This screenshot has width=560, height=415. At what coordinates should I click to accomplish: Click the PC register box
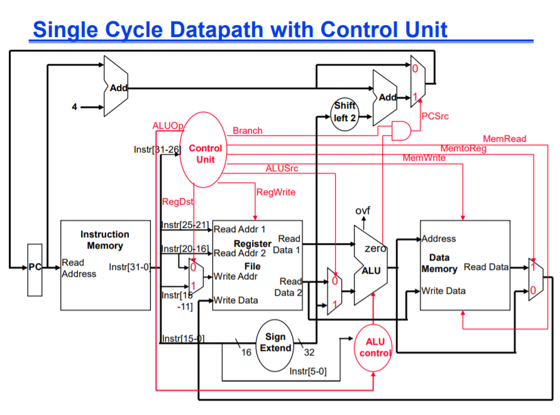tap(35, 269)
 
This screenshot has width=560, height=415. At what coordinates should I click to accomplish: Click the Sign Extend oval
tap(275, 343)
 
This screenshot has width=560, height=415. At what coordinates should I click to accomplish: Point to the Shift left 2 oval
tap(344, 114)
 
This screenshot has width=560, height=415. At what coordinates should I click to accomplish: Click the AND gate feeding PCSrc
tap(401, 131)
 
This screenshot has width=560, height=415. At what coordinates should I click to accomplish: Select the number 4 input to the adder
tap(74, 107)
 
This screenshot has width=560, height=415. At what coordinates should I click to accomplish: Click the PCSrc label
tap(435, 116)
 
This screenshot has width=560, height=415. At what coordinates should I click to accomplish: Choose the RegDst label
tap(177, 202)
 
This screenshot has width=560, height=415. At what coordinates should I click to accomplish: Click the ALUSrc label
tap(282, 168)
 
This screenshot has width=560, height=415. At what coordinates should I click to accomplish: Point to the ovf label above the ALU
tap(363, 210)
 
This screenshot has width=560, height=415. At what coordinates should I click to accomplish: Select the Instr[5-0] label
tap(308, 371)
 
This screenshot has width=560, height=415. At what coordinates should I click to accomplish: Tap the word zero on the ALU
tap(375, 249)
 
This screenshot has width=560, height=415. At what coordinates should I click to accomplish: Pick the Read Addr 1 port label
tap(239, 229)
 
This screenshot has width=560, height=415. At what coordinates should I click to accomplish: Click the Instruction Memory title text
tap(105, 240)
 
